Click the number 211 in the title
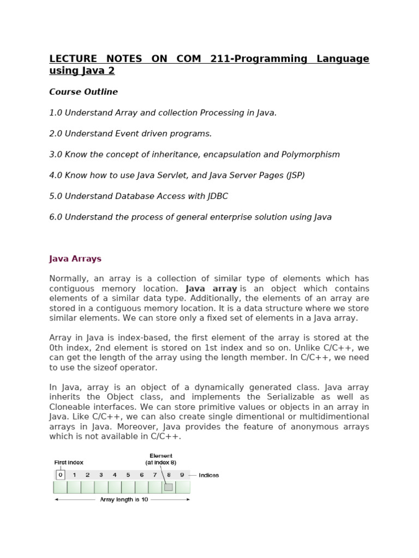[219, 59]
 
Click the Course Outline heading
[83, 92]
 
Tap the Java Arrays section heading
[75, 259]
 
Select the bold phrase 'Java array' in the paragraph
[211, 289]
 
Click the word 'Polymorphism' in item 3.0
[312, 155]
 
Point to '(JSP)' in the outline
[294, 175]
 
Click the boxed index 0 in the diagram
[61, 475]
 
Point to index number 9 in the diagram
[182, 475]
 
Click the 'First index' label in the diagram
[69, 462]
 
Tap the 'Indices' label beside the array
[209, 475]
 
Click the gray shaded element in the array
[169, 487]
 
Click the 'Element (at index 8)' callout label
[161, 459]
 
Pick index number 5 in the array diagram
[128, 475]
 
